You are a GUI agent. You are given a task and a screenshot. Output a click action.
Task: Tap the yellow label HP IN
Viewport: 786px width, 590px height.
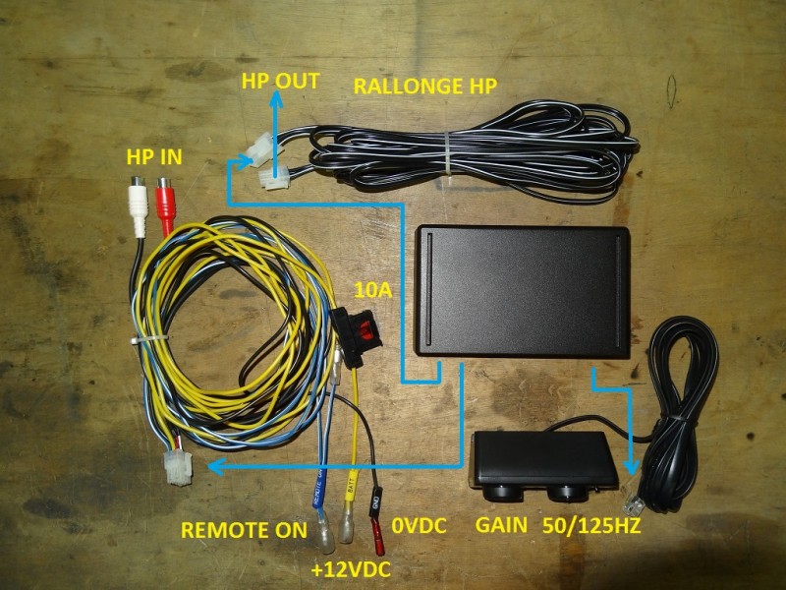[153, 156]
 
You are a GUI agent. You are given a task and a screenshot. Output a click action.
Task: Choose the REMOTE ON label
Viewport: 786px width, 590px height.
[244, 531]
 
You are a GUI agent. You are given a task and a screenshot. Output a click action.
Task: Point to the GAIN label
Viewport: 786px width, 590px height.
[501, 525]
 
